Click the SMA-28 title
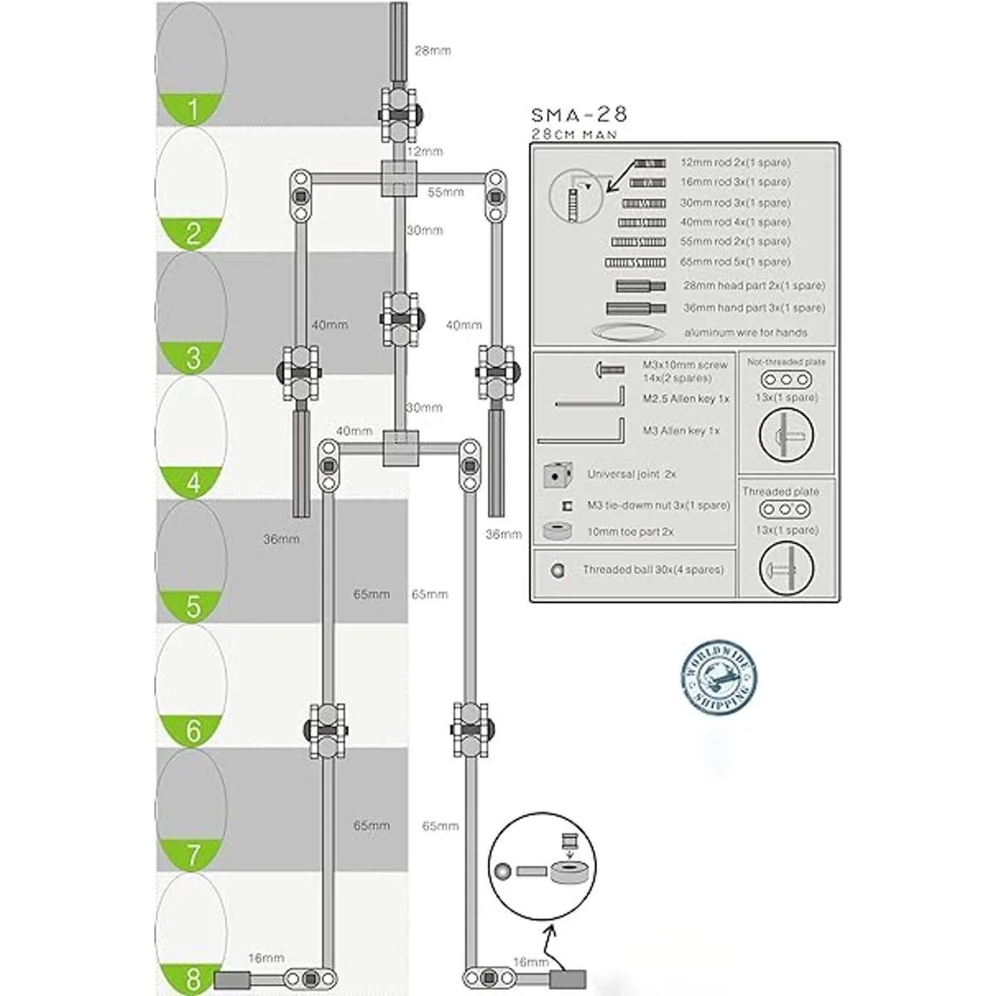click(x=579, y=115)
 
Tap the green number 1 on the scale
click(x=193, y=110)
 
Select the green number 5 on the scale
click(x=193, y=606)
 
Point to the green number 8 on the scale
click(x=193, y=979)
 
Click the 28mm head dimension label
click(x=432, y=51)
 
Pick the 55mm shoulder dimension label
click(x=446, y=192)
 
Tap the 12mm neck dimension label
click(x=424, y=152)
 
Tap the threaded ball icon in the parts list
click(x=558, y=570)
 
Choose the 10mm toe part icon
click(x=559, y=530)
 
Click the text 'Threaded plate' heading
click(x=780, y=491)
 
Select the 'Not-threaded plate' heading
click(x=786, y=362)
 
